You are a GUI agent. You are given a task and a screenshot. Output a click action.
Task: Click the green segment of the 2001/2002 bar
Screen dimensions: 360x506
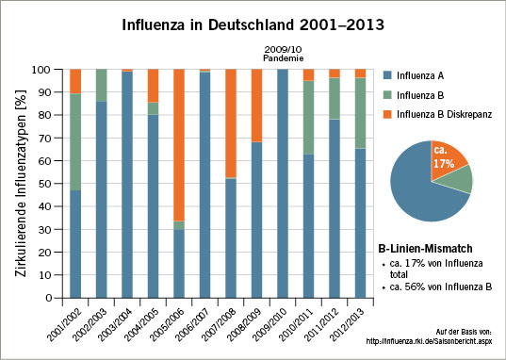pyautogui.click(x=75, y=141)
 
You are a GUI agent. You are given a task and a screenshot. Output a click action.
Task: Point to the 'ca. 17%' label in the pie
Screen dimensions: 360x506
pyautogui.click(x=441, y=156)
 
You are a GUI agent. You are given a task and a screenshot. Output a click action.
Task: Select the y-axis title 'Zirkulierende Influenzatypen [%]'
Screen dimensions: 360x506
pyautogui.click(x=21, y=184)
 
